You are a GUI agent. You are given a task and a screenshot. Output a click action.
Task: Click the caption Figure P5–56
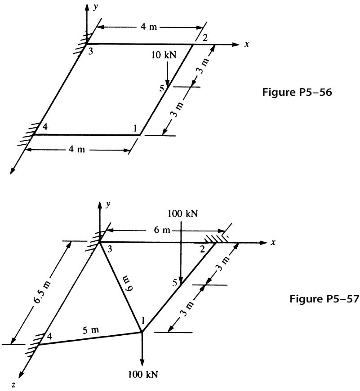pos(297,92)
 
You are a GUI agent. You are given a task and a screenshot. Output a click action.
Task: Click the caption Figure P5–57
pos(324,298)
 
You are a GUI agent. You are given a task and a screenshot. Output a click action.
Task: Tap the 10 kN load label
pos(164,55)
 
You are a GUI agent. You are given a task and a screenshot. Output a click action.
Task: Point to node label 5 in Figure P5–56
pos(162,88)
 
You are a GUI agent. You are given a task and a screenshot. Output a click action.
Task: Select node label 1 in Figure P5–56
pos(135,128)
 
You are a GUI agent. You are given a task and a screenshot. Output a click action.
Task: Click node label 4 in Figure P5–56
pos(45,127)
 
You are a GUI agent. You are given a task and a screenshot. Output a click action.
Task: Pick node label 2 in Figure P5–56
pos(205,38)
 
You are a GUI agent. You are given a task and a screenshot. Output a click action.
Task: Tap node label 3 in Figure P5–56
pos(91,52)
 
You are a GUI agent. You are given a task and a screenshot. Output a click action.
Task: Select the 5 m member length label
pos(91,330)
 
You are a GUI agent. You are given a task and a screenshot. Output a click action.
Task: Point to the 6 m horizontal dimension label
pos(162,230)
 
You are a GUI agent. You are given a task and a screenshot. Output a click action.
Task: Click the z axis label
pos(14,385)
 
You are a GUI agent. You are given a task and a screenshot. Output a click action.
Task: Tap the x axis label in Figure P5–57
pos(273,242)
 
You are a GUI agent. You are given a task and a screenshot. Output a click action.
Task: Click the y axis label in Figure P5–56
pos(95,7)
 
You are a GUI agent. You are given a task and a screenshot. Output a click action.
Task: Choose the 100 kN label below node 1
pos(143,374)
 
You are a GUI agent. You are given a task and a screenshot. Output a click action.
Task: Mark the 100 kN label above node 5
pos(183,214)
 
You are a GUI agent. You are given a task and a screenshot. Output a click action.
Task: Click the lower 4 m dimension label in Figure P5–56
pos(77,149)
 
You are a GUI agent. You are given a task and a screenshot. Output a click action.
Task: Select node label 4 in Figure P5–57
pos(49,336)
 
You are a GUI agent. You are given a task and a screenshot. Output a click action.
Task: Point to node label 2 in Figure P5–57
pos(202,249)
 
